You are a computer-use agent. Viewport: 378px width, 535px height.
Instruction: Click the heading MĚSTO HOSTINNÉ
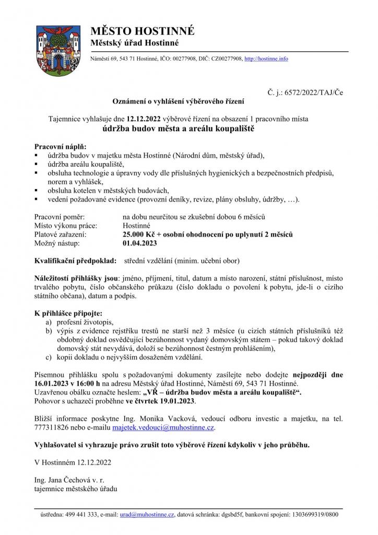click(142, 31)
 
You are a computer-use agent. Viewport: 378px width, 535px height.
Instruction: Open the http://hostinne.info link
click(266, 59)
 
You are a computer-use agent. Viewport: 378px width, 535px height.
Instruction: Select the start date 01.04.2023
click(139, 243)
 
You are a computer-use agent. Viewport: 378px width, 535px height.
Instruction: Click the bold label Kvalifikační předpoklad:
click(76, 260)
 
